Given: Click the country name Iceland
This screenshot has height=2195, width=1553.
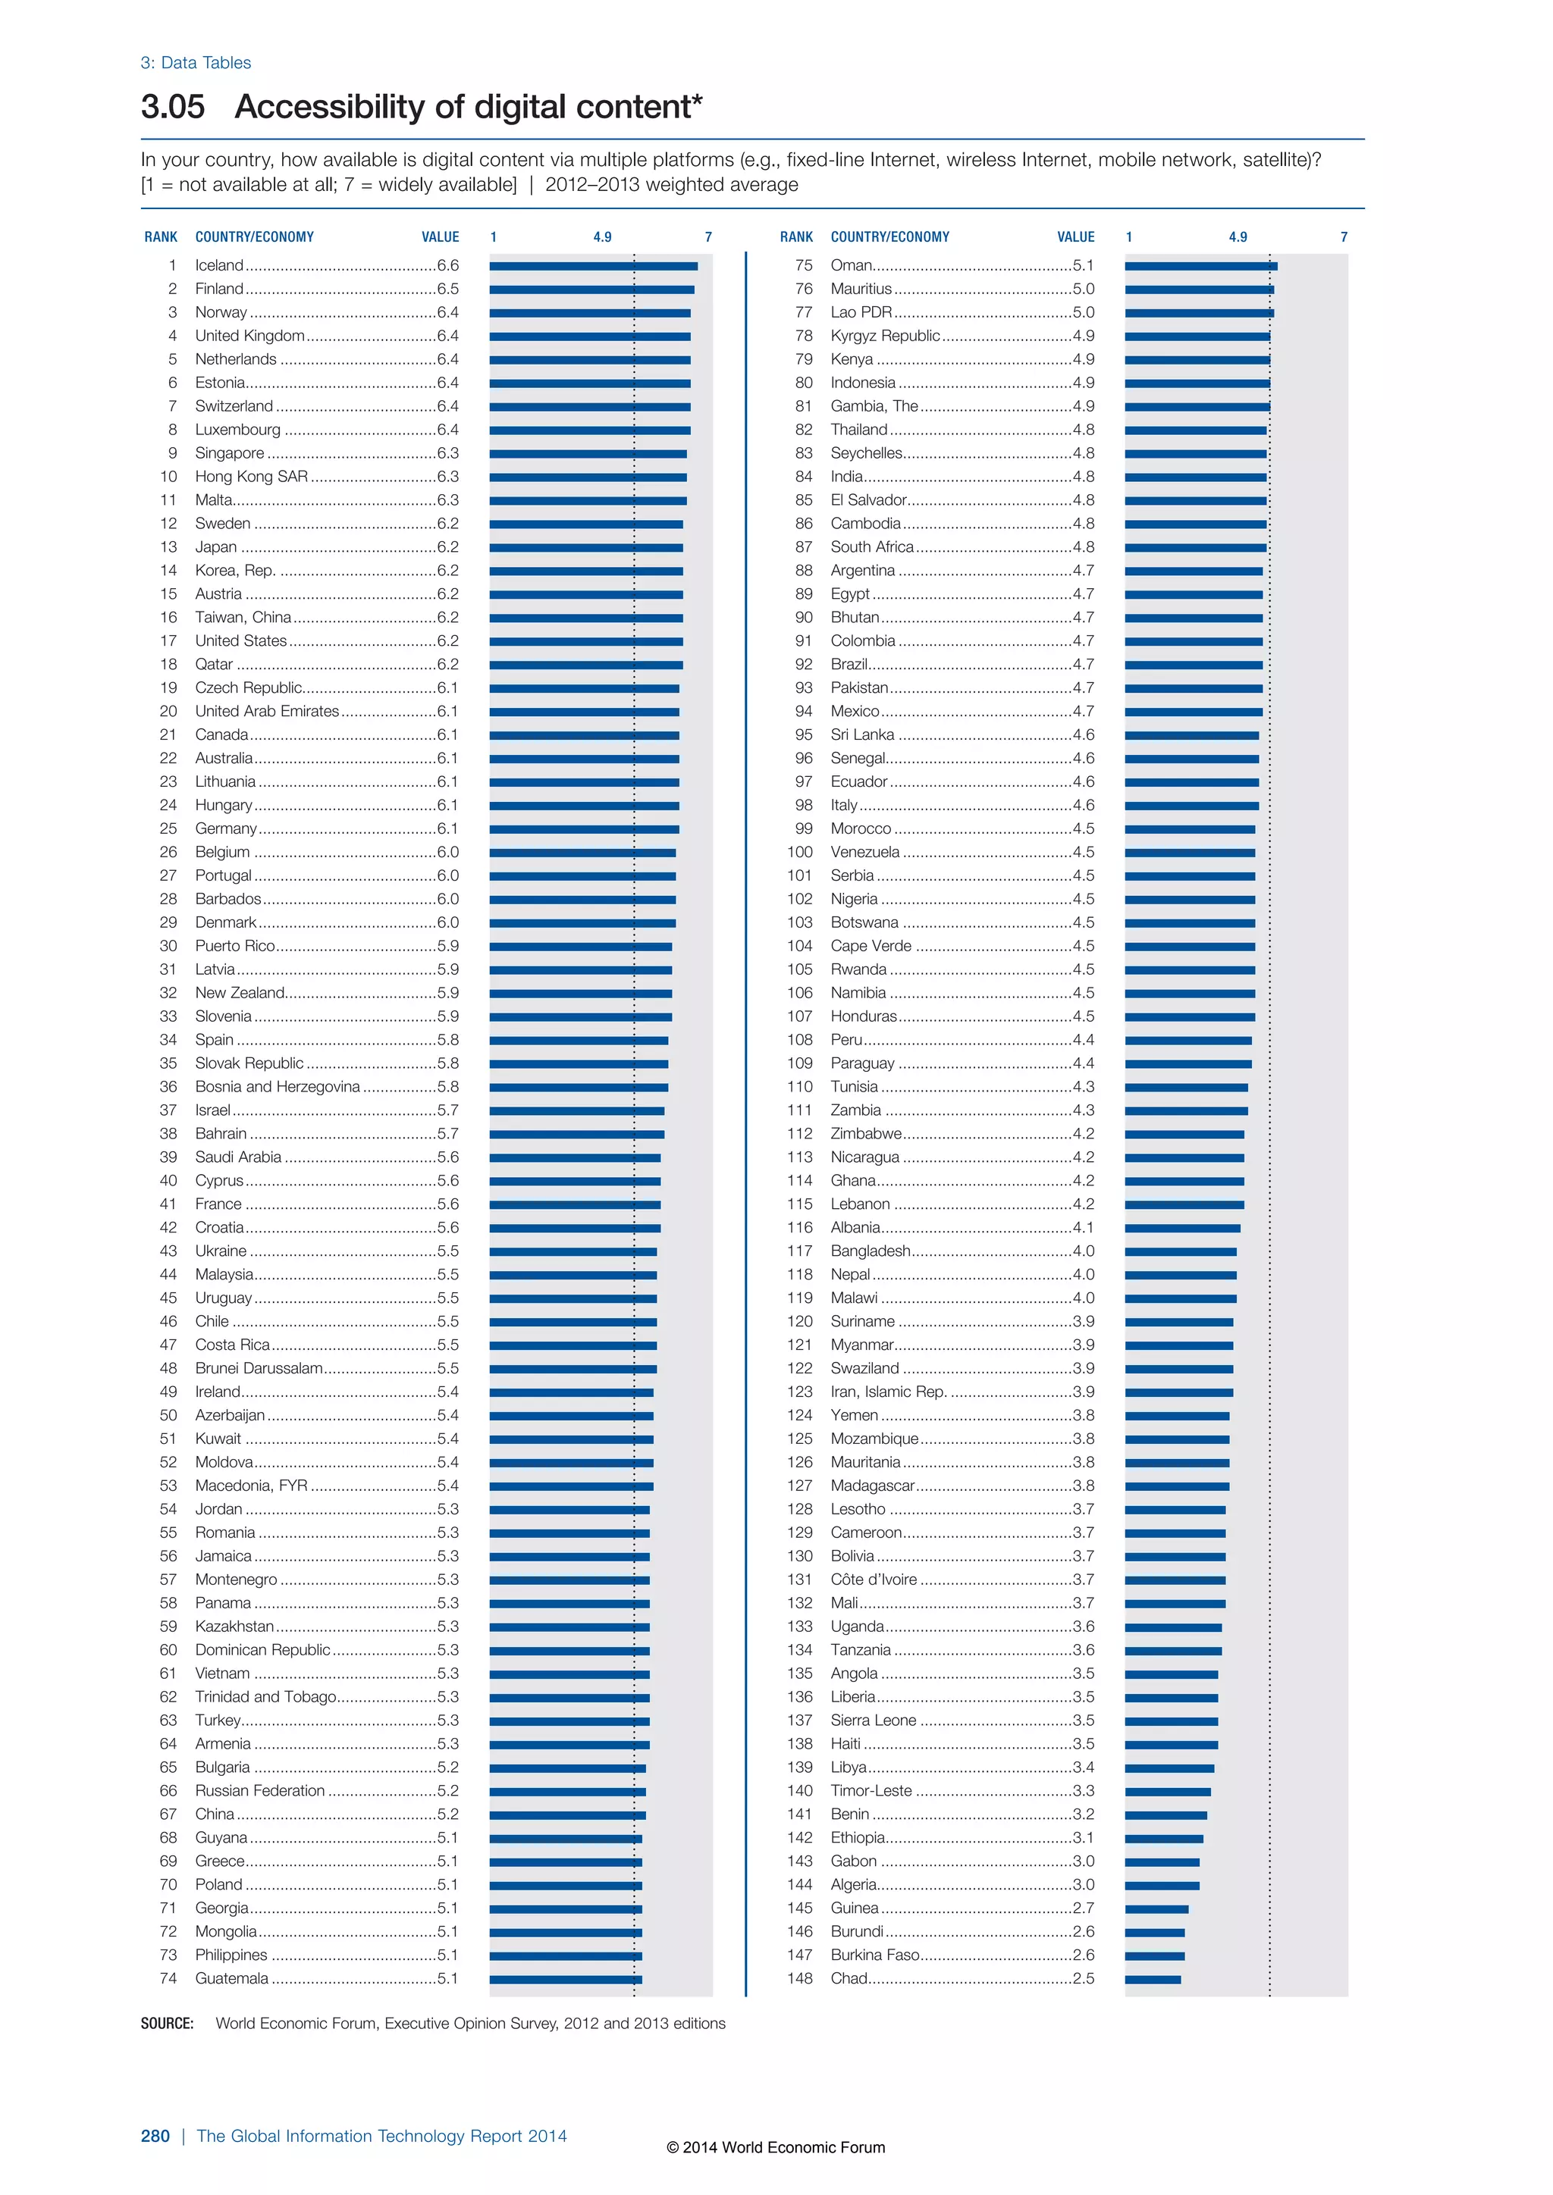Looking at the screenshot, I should [x=219, y=266].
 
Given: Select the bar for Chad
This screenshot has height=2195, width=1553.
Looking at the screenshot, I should [x=1153, y=1980].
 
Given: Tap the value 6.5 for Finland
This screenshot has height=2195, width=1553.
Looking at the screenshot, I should [x=447, y=289].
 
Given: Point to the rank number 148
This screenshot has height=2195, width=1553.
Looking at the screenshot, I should [x=799, y=1979].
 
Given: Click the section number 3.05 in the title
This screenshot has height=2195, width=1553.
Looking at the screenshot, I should [x=172, y=107].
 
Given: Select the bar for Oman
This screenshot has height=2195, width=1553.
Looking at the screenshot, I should [x=1200, y=266].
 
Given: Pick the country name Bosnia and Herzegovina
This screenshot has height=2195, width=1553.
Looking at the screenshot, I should [x=278, y=1087].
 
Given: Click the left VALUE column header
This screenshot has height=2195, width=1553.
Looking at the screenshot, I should [x=440, y=237].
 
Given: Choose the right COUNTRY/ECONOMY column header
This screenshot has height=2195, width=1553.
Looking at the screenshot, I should [x=889, y=237].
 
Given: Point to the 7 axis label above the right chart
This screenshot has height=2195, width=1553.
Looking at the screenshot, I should [x=1344, y=237].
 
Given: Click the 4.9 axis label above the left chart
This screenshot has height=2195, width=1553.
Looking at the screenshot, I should [x=601, y=237].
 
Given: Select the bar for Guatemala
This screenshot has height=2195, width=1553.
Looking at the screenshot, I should [x=565, y=1980].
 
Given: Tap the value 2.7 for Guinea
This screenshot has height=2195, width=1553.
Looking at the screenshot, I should [x=1083, y=1908].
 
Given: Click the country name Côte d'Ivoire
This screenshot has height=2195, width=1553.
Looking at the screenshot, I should [x=873, y=1580].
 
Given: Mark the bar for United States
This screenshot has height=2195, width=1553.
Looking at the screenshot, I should [x=585, y=641].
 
